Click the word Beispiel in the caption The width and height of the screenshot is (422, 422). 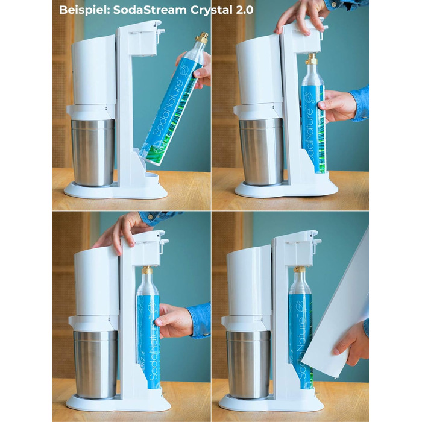(83, 10)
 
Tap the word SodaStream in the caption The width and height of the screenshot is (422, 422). (150, 10)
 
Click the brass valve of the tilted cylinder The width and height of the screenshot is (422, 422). (202, 38)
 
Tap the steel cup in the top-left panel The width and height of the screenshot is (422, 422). (93, 152)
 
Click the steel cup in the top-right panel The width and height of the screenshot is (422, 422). (261, 151)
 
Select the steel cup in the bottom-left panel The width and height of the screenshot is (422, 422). (95, 364)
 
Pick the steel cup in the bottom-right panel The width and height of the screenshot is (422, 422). (248, 364)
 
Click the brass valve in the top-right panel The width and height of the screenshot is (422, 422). (312, 58)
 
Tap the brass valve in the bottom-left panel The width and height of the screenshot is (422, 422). (147, 270)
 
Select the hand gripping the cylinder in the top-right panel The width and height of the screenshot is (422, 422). (336, 105)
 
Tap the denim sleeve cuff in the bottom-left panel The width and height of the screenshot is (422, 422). (199, 320)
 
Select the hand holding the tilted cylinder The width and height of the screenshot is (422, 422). (198, 69)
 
